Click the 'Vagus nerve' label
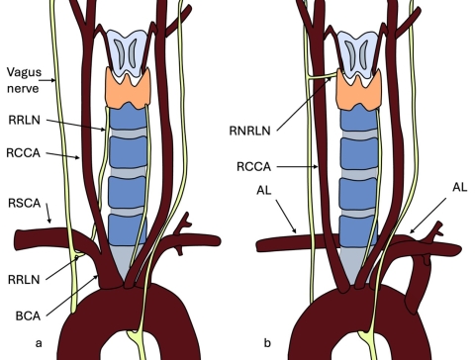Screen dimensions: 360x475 coord(22,79)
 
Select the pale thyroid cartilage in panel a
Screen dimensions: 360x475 coord(126,49)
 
